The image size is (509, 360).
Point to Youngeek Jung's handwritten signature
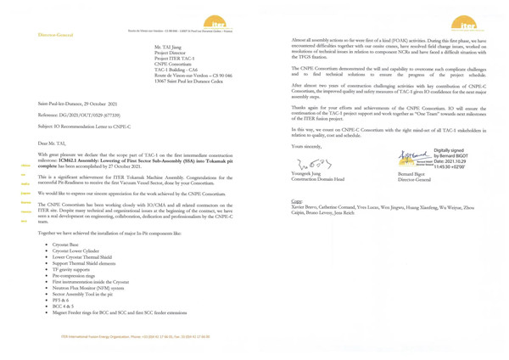click(x=310, y=163)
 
